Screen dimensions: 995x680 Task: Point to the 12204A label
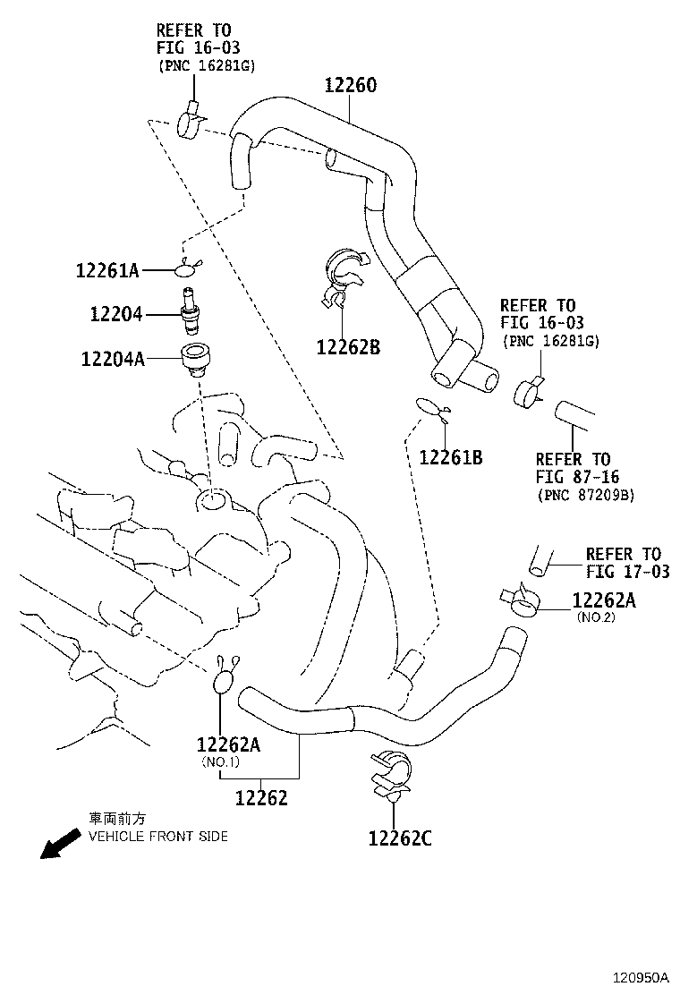112,359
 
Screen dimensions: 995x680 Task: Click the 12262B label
348,346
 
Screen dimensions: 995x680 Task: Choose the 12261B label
451,457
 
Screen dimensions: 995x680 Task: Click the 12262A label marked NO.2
604,600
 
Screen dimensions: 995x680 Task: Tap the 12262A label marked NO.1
228,744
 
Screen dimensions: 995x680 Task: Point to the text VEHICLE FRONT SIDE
157,837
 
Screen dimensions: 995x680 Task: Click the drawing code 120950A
640,977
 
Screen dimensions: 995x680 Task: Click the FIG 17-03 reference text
627,572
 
